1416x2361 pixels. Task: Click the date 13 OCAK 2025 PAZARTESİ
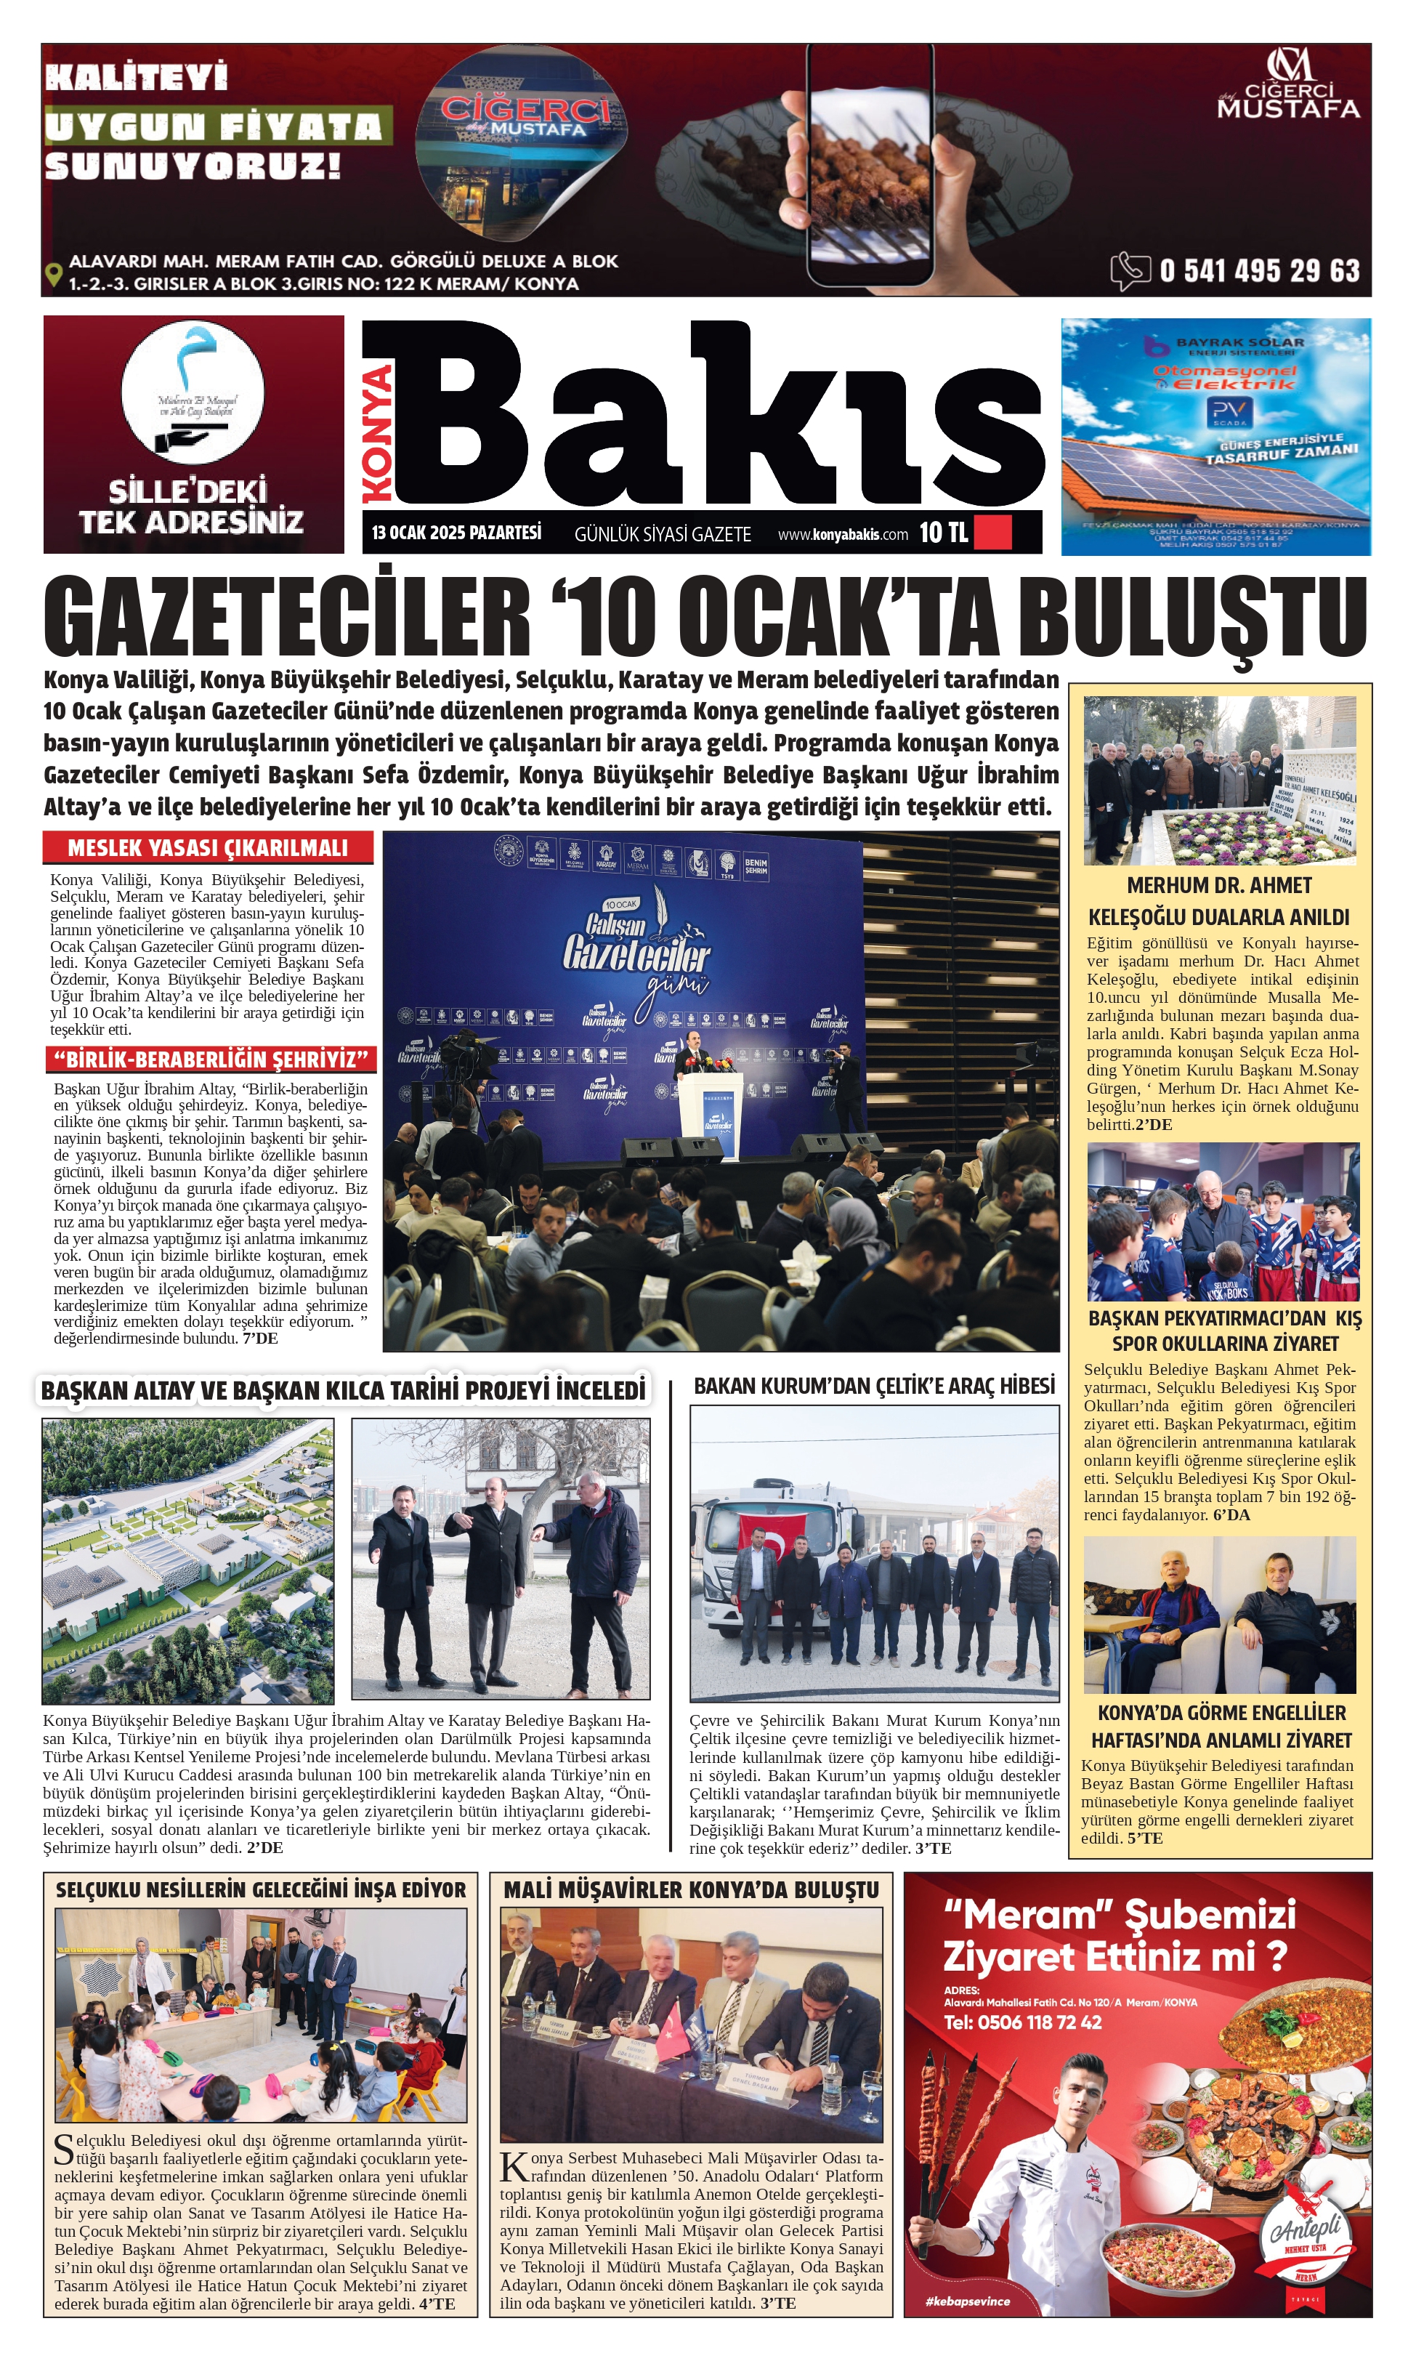(456, 533)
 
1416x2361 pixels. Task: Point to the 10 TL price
(943, 533)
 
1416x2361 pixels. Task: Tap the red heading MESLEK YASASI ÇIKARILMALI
(207, 847)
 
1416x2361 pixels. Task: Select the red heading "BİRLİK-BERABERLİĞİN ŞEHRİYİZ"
(211, 1060)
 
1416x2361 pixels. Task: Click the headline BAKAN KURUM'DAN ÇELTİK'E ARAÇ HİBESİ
(874, 1386)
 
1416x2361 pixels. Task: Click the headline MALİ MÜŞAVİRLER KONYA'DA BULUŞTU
(691, 1889)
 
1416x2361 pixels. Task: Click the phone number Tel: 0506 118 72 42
(1022, 2022)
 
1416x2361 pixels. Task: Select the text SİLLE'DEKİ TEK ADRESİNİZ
(191, 506)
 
